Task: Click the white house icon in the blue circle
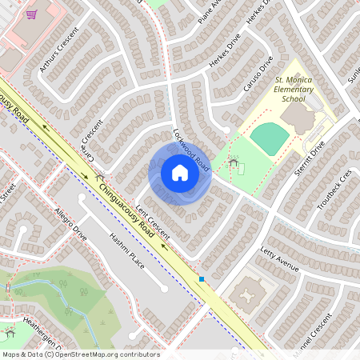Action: (x=180, y=173)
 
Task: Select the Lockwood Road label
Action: (x=191, y=150)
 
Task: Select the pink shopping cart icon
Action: (x=31, y=14)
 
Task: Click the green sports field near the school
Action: (x=268, y=139)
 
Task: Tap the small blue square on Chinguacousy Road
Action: (x=202, y=279)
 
